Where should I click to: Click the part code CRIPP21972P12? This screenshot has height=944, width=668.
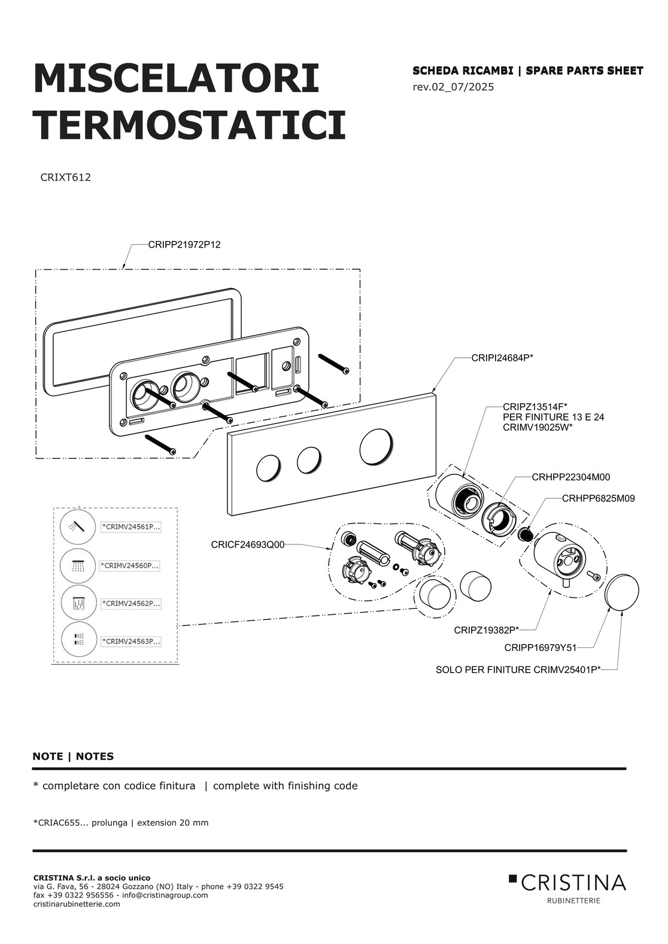184,245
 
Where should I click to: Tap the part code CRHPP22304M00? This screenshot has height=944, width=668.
571,477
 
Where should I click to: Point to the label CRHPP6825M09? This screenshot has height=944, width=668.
599,498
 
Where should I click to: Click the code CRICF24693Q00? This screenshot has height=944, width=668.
248,545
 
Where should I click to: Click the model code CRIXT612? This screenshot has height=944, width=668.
66,178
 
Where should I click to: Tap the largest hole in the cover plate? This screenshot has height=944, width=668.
376,447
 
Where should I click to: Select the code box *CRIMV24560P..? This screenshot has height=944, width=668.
130,566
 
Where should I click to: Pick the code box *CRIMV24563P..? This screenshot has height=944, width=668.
130,641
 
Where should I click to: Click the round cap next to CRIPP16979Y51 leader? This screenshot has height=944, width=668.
621,591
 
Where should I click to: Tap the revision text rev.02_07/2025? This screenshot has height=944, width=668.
453,87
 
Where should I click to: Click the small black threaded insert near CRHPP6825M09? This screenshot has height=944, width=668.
524,534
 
